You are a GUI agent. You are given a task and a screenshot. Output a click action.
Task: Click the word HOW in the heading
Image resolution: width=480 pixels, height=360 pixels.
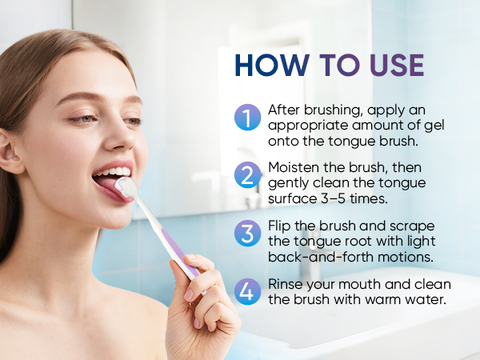coord(272,66)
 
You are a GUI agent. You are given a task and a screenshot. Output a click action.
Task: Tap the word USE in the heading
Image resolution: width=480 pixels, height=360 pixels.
coord(397,66)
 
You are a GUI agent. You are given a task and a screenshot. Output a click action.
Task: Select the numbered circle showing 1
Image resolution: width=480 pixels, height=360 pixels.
coord(248,118)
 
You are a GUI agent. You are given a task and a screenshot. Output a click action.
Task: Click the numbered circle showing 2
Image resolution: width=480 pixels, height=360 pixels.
coord(248,175)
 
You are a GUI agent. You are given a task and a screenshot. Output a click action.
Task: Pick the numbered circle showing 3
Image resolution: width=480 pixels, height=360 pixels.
coord(248,234)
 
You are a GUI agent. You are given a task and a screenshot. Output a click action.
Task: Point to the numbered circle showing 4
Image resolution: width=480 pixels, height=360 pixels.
coord(248,291)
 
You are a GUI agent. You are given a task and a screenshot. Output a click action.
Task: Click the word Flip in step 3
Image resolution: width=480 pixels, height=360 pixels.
coord(279,226)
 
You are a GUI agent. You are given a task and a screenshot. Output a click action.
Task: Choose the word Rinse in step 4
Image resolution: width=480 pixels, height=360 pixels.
coord(286,284)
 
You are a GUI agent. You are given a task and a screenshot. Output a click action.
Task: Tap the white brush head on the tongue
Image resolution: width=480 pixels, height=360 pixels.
coord(126,186)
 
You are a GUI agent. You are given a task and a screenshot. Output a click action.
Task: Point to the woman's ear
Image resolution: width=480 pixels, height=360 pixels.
coord(10,151)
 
